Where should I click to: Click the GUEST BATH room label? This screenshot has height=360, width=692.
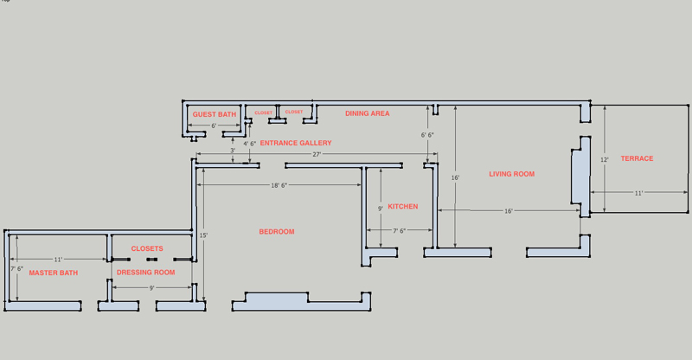215,114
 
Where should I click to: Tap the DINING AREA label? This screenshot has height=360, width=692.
368,113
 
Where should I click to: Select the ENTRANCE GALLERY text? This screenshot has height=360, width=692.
296,143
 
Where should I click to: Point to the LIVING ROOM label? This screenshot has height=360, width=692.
512,174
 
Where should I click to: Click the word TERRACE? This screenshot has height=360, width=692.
637,158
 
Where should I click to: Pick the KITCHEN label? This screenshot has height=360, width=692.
403,207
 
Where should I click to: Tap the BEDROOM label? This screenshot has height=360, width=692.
277,232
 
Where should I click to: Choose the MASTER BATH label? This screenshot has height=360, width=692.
54,273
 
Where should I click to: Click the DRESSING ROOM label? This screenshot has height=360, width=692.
146,273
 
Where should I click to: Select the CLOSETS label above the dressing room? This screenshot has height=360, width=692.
147,248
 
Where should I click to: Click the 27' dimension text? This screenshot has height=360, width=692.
317,154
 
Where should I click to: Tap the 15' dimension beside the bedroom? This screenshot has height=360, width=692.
203,235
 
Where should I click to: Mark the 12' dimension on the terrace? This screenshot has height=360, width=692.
605,159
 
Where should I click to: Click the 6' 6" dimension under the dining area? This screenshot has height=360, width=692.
427,135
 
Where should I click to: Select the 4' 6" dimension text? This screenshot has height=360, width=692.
250,144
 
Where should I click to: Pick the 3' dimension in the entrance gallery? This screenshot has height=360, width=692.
232,151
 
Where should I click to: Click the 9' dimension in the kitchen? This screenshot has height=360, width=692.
381,209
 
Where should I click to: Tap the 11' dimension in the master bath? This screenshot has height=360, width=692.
58,260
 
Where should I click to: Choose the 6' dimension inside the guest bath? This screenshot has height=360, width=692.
214,126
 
